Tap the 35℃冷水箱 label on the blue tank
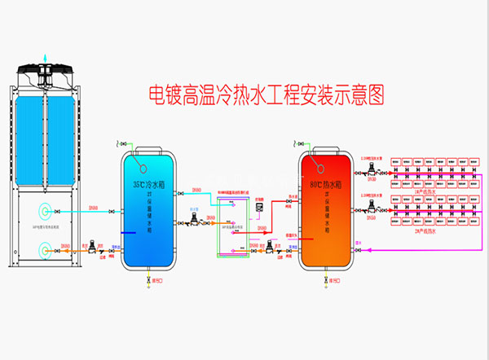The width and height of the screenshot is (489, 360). point(148,184)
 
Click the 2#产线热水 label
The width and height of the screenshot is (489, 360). point(423,234)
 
